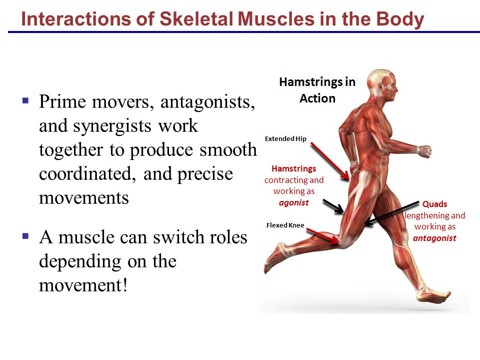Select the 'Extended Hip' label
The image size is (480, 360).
[285, 138]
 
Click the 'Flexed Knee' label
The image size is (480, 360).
[285, 225]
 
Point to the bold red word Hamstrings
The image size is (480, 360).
[294, 169]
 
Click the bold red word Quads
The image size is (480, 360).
[434, 204]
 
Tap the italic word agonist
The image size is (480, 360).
[294, 203]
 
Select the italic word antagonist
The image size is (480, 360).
[434, 238]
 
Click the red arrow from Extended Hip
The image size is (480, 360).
[330, 161]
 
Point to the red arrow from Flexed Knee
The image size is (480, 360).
[323, 236]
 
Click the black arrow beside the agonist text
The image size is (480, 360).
[333, 205]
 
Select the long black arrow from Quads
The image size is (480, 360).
[392, 213]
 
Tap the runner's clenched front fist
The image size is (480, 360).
[424, 151]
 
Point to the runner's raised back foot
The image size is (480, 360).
[276, 256]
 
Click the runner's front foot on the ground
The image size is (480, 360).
[433, 295]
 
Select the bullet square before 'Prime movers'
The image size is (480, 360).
[25, 100]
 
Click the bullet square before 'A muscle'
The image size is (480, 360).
[25, 236]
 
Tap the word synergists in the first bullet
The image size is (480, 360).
[112, 126]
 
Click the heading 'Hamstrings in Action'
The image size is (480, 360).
[317, 90]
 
